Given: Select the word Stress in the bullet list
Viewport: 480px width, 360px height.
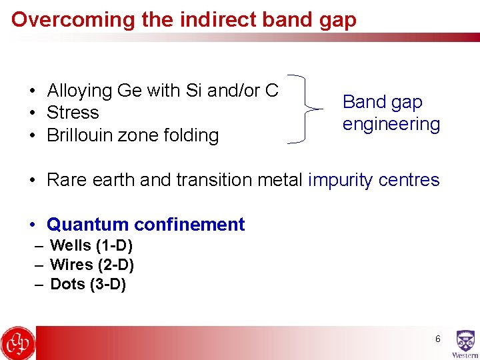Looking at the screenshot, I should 73,113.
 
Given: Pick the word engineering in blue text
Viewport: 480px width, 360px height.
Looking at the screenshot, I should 391,125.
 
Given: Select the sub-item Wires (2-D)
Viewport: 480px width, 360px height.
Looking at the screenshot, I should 92,265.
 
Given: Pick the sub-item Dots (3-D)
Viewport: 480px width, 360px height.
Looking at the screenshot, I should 88,285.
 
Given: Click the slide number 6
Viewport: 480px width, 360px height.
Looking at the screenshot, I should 437,339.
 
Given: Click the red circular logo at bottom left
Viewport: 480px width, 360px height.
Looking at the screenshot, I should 18,343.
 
